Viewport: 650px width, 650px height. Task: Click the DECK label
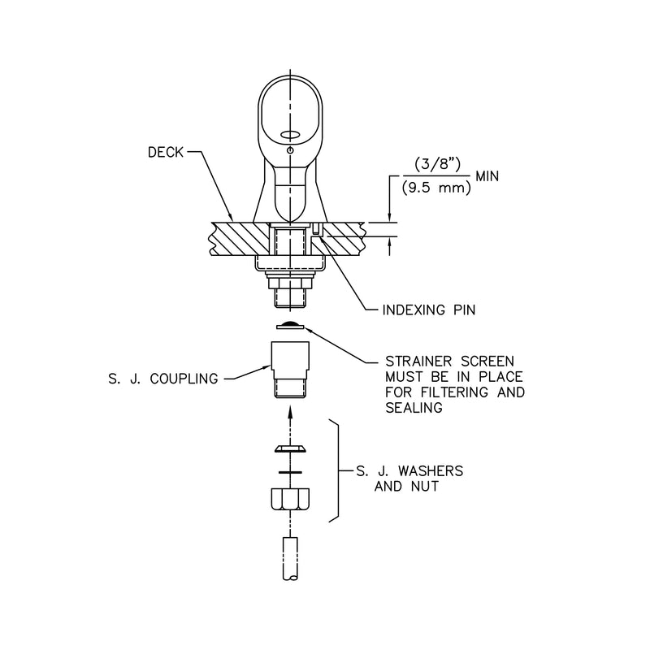[166, 152]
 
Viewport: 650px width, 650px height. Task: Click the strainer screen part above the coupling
[290, 327]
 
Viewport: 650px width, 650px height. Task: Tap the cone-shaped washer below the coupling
[290, 448]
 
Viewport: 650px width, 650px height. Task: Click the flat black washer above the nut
[290, 472]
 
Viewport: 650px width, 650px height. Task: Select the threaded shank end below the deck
[290, 297]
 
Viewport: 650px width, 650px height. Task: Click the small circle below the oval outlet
[290, 149]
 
